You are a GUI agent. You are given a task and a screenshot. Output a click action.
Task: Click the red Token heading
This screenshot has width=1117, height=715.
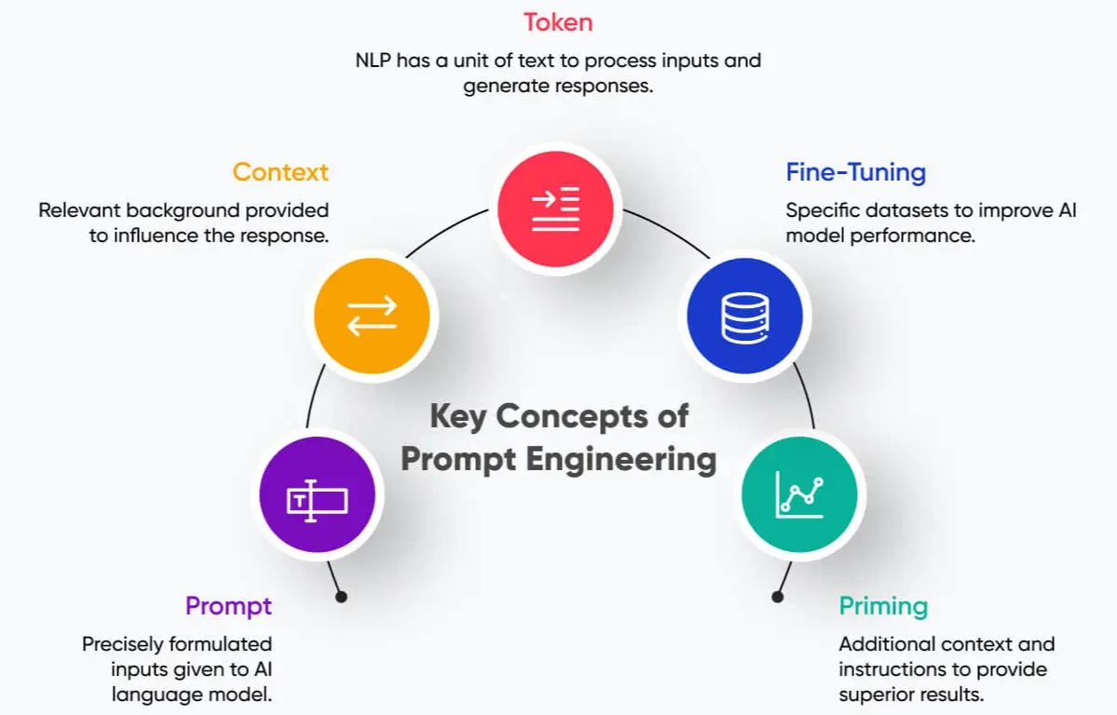[x=558, y=21]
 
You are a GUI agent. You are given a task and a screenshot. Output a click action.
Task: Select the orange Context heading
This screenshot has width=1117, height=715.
[x=280, y=172]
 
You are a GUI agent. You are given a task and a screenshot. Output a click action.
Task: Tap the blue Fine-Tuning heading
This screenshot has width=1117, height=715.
[x=855, y=172]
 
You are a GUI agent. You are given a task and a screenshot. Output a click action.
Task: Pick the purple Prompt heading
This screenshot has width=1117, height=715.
[x=228, y=606]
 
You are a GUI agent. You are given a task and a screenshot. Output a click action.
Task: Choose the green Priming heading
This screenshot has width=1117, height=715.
[x=883, y=607]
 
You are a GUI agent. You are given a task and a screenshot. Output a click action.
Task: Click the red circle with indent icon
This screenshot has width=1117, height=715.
[x=556, y=208]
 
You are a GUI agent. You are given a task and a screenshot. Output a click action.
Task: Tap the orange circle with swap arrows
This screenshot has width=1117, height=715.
[x=372, y=317]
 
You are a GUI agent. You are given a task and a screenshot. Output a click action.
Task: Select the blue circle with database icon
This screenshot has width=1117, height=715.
[x=744, y=317]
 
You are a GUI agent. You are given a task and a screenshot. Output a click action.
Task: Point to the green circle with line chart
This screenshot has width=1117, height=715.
[x=799, y=494]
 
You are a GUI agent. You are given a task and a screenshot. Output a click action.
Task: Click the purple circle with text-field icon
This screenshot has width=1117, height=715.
[x=317, y=500]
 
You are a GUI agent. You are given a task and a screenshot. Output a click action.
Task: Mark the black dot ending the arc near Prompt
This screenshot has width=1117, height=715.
[x=341, y=597]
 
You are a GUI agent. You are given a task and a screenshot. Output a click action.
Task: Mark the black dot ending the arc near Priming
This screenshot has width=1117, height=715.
[x=775, y=597]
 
